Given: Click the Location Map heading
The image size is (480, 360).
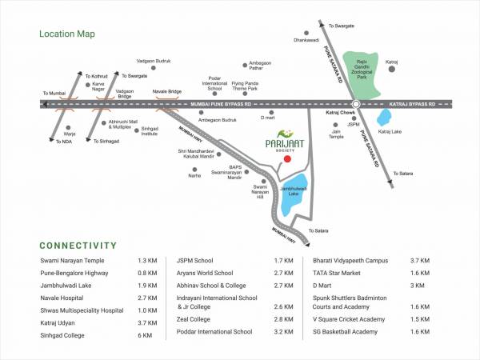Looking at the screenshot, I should tap(67, 34).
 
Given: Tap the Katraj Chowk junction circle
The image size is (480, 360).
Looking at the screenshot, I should tap(356, 103).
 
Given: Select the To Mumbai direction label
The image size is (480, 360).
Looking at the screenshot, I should tap(54, 94).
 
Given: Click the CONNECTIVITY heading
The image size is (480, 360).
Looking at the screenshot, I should tap(78, 246).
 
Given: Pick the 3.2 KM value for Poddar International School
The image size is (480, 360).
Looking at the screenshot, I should tap(285, 330).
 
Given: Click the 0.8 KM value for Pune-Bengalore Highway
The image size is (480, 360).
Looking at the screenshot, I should tap(147, 273).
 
